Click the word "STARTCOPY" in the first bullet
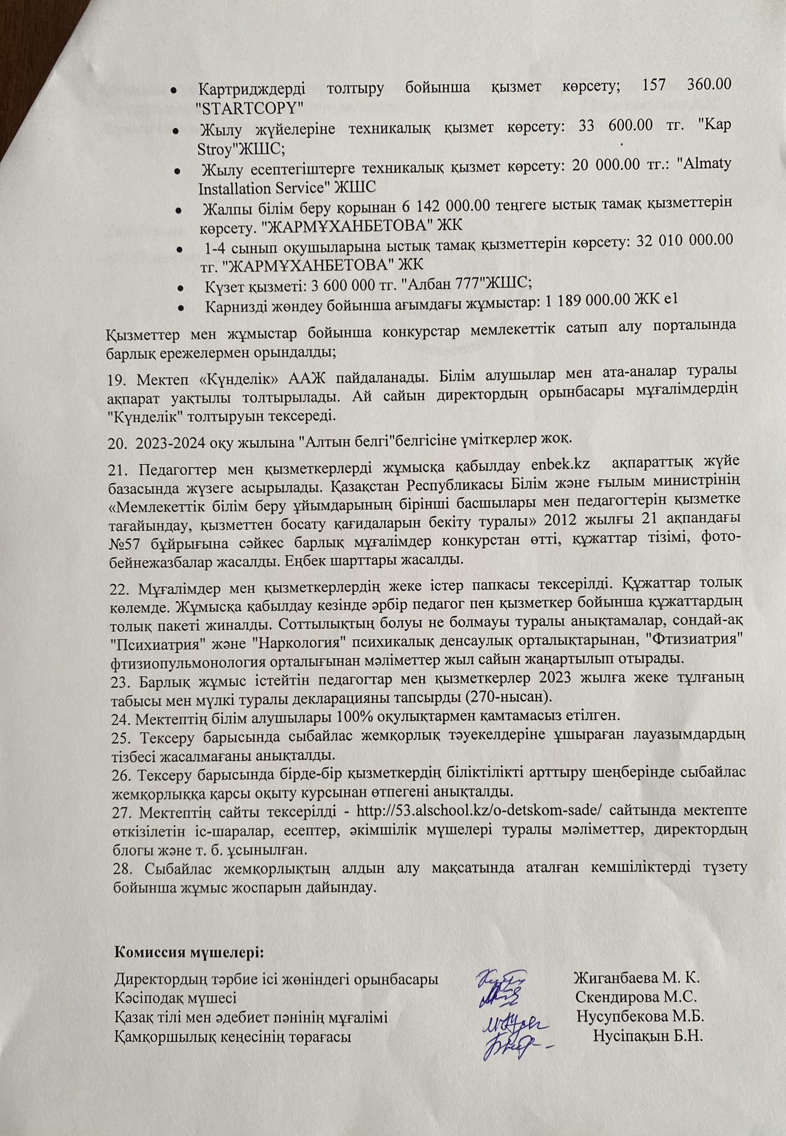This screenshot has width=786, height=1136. pyautogui.click(x=249, y=106)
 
